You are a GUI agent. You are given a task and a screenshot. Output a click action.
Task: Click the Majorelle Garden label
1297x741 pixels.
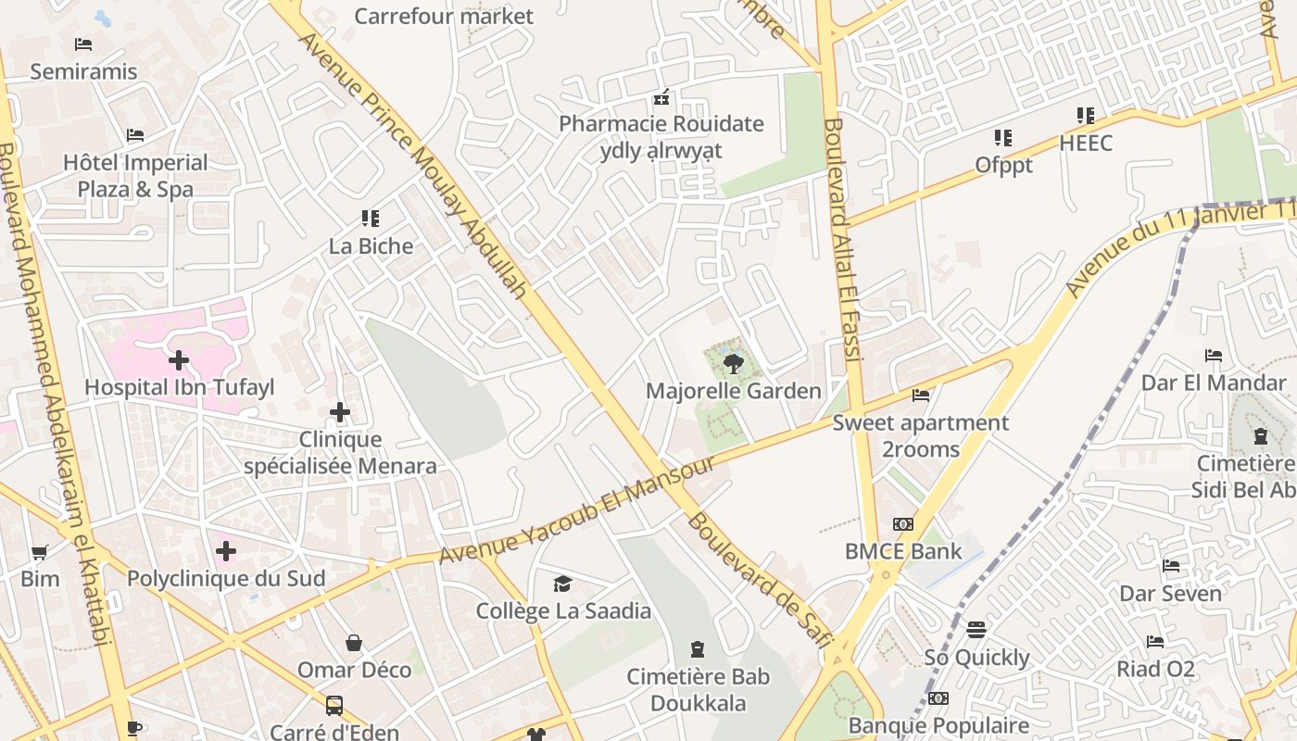pos(733,391)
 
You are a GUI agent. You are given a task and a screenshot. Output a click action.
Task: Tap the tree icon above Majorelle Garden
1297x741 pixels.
pos(734,363)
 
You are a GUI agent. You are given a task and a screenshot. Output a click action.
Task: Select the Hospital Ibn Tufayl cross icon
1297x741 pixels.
pos(179,359)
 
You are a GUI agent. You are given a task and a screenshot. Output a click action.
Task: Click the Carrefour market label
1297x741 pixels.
pos(444,16)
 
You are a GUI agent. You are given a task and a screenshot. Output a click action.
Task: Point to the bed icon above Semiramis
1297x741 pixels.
pos(83,44)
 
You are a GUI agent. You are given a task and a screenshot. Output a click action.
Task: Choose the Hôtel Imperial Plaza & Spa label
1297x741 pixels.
pos(135,176)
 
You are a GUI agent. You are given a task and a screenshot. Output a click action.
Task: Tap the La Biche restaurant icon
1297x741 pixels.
pos(371,219)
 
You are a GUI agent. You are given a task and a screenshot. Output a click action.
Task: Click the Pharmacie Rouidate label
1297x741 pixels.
pos(661,124)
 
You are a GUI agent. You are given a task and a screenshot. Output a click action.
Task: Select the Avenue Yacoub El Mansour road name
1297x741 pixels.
pos(576,509)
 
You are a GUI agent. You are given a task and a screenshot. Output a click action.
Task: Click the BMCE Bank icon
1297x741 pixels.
pos(903,524)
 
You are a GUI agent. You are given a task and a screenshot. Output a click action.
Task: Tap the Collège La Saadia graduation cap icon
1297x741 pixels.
pos(562,584)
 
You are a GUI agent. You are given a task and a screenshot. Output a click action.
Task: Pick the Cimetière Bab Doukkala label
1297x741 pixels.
pos(698,690)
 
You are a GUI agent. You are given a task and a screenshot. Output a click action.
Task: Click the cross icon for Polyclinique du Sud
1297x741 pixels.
pos(226,551)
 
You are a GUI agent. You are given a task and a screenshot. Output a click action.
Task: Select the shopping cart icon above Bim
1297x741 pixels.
pos(39,552)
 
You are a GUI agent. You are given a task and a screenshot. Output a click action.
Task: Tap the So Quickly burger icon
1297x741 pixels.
pos(976,630)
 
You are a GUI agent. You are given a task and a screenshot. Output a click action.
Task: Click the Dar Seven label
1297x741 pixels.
pos(1171,593)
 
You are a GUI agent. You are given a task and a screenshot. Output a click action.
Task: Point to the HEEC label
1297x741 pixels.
pos(1086,144)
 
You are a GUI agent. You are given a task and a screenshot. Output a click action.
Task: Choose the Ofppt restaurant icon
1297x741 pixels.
pos(1003,138)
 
